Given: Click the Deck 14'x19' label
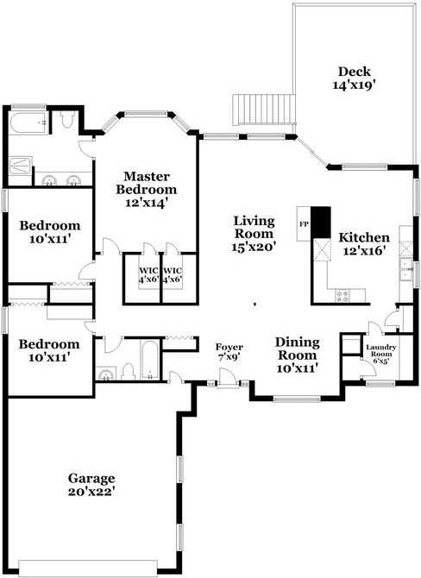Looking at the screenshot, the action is pyautogui.click(x=355, y=79).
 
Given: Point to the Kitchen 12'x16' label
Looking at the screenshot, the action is pyautogui.click(x=364, y=244).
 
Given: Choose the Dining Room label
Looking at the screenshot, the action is pyautogui.click(x=297, y=349).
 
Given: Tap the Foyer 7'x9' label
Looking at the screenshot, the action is pyautogui.click(x=229, y=352).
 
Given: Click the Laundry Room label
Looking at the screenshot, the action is pyautogui.click(x=380, y=350).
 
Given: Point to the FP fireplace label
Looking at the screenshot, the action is pyautogui.click(x=304, y=223).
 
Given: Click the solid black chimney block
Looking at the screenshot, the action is pyautogui.click(x=320, y=223).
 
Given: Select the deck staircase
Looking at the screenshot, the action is pyautogui.click(x=264, y=110).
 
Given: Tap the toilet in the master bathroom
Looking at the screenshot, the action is pyautogui.click(x=67, y=119).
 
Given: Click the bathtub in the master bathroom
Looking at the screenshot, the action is pyautogui.click(x=28, y=123).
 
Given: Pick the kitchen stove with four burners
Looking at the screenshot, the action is pyautogui.click(x=342, y=296).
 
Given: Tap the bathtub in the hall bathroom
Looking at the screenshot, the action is pyautogui.click(x=149, y=360).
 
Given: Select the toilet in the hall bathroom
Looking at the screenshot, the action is pyautogui.click(x=129, y=371).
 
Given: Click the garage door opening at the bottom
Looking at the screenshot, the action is pyautogui.click(x=88, y=569).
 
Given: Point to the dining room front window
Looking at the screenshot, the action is pyautogui.click(x=297, y=399).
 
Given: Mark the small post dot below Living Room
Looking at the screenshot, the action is pyautogui.click(x=255, y=305).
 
